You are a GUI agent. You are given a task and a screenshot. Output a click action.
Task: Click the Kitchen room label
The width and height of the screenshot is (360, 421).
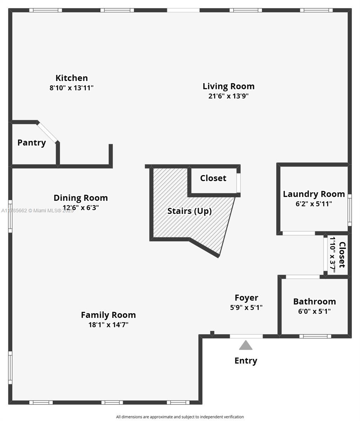[72, 78]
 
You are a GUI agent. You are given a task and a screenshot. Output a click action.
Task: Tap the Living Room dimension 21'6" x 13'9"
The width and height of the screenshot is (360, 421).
[228, 96]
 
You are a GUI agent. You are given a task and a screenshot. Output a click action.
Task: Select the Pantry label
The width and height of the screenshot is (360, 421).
[32, 143]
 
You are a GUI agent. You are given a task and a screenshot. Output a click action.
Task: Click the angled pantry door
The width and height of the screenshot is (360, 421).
[47, 132]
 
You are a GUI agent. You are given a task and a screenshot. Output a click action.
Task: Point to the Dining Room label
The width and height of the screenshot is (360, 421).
[81, 198]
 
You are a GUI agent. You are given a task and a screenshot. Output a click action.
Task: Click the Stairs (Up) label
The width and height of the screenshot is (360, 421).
[189, 211]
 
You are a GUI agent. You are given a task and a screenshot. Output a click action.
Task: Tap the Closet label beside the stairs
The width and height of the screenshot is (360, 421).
[213, 178]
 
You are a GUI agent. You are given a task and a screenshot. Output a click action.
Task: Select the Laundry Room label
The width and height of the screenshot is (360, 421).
[314, 194]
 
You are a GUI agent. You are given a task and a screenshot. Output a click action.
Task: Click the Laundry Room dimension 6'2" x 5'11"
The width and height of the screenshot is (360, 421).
[314, 204]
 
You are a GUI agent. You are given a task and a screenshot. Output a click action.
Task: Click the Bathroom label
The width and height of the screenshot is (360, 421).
[314, 302]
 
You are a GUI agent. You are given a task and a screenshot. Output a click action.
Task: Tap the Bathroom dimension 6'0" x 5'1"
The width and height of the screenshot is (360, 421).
[314, 311]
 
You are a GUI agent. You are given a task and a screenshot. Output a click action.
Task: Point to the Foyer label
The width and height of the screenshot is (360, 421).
[246, 298]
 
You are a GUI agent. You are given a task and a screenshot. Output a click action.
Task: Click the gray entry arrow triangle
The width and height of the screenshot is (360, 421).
[246, 346]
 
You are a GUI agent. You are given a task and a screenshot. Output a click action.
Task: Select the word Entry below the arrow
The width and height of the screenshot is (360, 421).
[246, 361]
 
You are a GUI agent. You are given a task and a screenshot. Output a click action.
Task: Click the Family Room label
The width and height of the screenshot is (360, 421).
[108, 315]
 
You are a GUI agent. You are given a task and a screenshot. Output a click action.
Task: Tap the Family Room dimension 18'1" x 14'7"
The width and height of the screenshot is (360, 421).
[108, 325]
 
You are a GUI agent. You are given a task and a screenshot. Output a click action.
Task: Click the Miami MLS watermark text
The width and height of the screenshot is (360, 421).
[38, 210]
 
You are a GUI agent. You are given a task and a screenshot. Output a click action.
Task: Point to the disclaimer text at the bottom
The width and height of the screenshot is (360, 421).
[180, 417]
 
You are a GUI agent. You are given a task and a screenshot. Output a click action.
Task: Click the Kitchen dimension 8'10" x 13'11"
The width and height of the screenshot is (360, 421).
[72, 88]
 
